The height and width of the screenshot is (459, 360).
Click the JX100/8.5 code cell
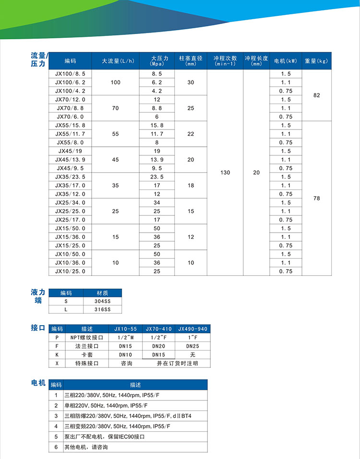pos(70,74)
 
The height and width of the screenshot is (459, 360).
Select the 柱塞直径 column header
pos(191,60)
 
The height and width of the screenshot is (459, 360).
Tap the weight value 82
pos(316,95)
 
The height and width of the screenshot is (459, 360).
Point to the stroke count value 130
pos(225,173)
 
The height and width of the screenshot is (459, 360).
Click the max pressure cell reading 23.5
pos(156,177)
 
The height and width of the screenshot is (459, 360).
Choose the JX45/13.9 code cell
pos(70,160)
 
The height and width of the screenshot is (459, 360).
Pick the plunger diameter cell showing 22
pos(191,134)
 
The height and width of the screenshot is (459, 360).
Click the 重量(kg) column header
pos(316,61)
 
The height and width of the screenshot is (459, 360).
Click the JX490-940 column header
pos(192,329)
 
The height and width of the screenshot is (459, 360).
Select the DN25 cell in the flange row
pos(192,346)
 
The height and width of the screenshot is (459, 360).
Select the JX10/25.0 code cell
pos(70,271)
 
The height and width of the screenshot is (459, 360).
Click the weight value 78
pos(316,198)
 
